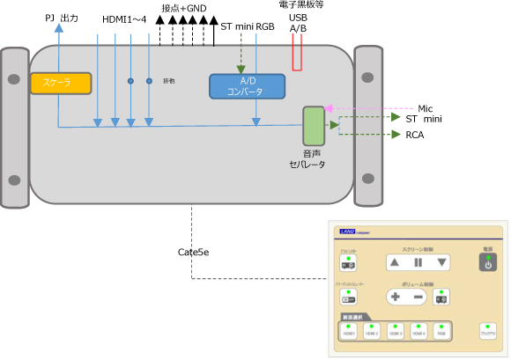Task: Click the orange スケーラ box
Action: pyautogui.click(x=61, y=84)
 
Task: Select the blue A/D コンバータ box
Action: pyautogui.click(x=247, y=86)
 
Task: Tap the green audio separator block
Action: pyautogui.click(x=314, y=126)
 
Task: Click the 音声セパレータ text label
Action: pyautogui.click(x=307, y=159)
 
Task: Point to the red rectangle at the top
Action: pyautogui.click(x=297, y=53)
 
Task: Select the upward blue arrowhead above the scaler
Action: pyautogui.click(x=58, y=27)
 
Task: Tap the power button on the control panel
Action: pyautogui.click(x=487, y=262)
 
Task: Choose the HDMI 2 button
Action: pyautogui.click(x=373, y=331)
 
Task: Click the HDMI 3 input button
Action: pyautogui.click(x=396, y=331)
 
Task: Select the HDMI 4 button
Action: pyautogui.click(x=418, y=331)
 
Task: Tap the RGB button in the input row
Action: pyautogui.click(x=441, y=331)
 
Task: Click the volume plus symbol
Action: pyautogui.click(x=396, y=297)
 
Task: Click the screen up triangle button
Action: pyautogui.click(x=395, y=262)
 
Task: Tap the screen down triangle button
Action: pyautogui.click(x=441, y=262)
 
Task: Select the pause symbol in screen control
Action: pyautogui.click(x=418, y=262)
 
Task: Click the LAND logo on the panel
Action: pyautogui.click(x=351, y=232)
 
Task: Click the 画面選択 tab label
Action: pyautogui.click(x=354, y=316)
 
